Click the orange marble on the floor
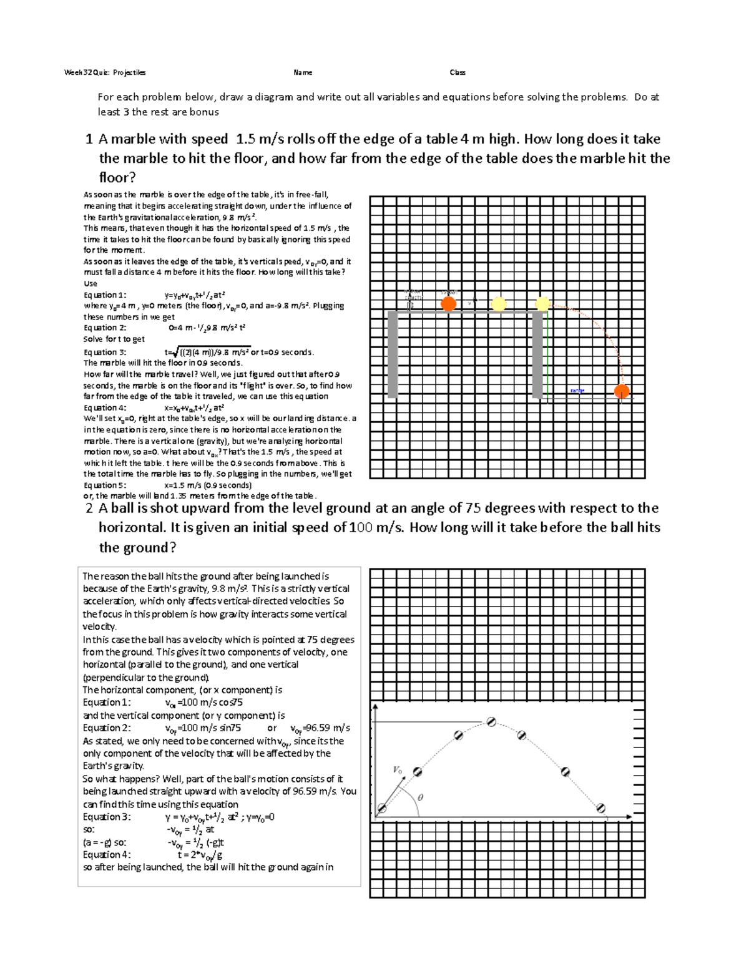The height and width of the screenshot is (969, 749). [x=621, y=391]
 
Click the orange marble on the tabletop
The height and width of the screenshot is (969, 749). [x=448, y=304]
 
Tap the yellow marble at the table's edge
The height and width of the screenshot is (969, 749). [x=542, y=304]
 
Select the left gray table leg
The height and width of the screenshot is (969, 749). [x=393, y=354]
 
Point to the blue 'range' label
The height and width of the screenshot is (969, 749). [x=577, y=391]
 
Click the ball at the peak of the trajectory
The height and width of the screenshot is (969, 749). [x=491, y=722]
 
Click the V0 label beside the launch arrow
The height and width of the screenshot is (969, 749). [x=398, y=770]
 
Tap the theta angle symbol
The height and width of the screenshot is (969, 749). [x=419, y=797]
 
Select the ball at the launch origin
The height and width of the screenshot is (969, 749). [x=381, y=809]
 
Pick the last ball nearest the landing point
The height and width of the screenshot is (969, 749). [x=600, y=808]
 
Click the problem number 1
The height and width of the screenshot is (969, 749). [x=89, y=139]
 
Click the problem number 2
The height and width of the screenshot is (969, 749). [x=89, y=509]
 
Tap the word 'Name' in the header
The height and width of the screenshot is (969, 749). [x=303, y=72]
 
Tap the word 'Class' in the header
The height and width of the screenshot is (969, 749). [x=458, y=72]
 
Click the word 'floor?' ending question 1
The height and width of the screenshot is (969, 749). [x=117, y=178]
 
